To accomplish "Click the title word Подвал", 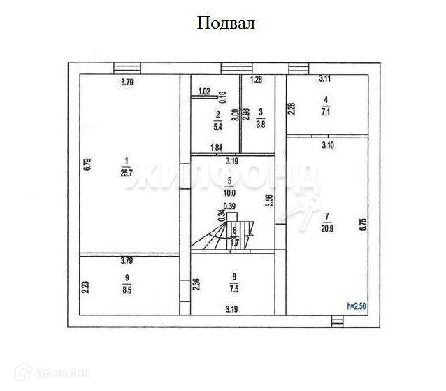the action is [226, 24].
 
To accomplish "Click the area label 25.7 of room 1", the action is [127, 173].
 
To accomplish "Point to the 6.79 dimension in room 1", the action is [87, 165].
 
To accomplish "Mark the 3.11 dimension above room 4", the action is [326, 80].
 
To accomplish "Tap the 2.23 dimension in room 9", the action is [85, 287].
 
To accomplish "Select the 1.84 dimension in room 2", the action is [217, 148].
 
